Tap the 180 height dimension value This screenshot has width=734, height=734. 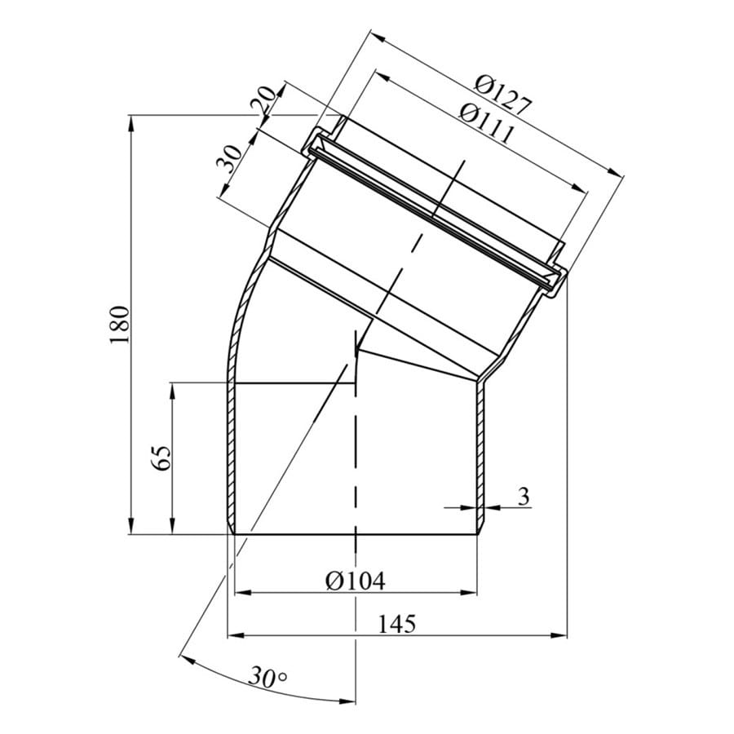pos(119,325)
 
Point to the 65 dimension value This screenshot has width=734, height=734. pos(161,458)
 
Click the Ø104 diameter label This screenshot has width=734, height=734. pos(356,581)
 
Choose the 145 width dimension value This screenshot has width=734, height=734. pos(396,624)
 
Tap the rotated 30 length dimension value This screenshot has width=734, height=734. pos(229,159)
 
